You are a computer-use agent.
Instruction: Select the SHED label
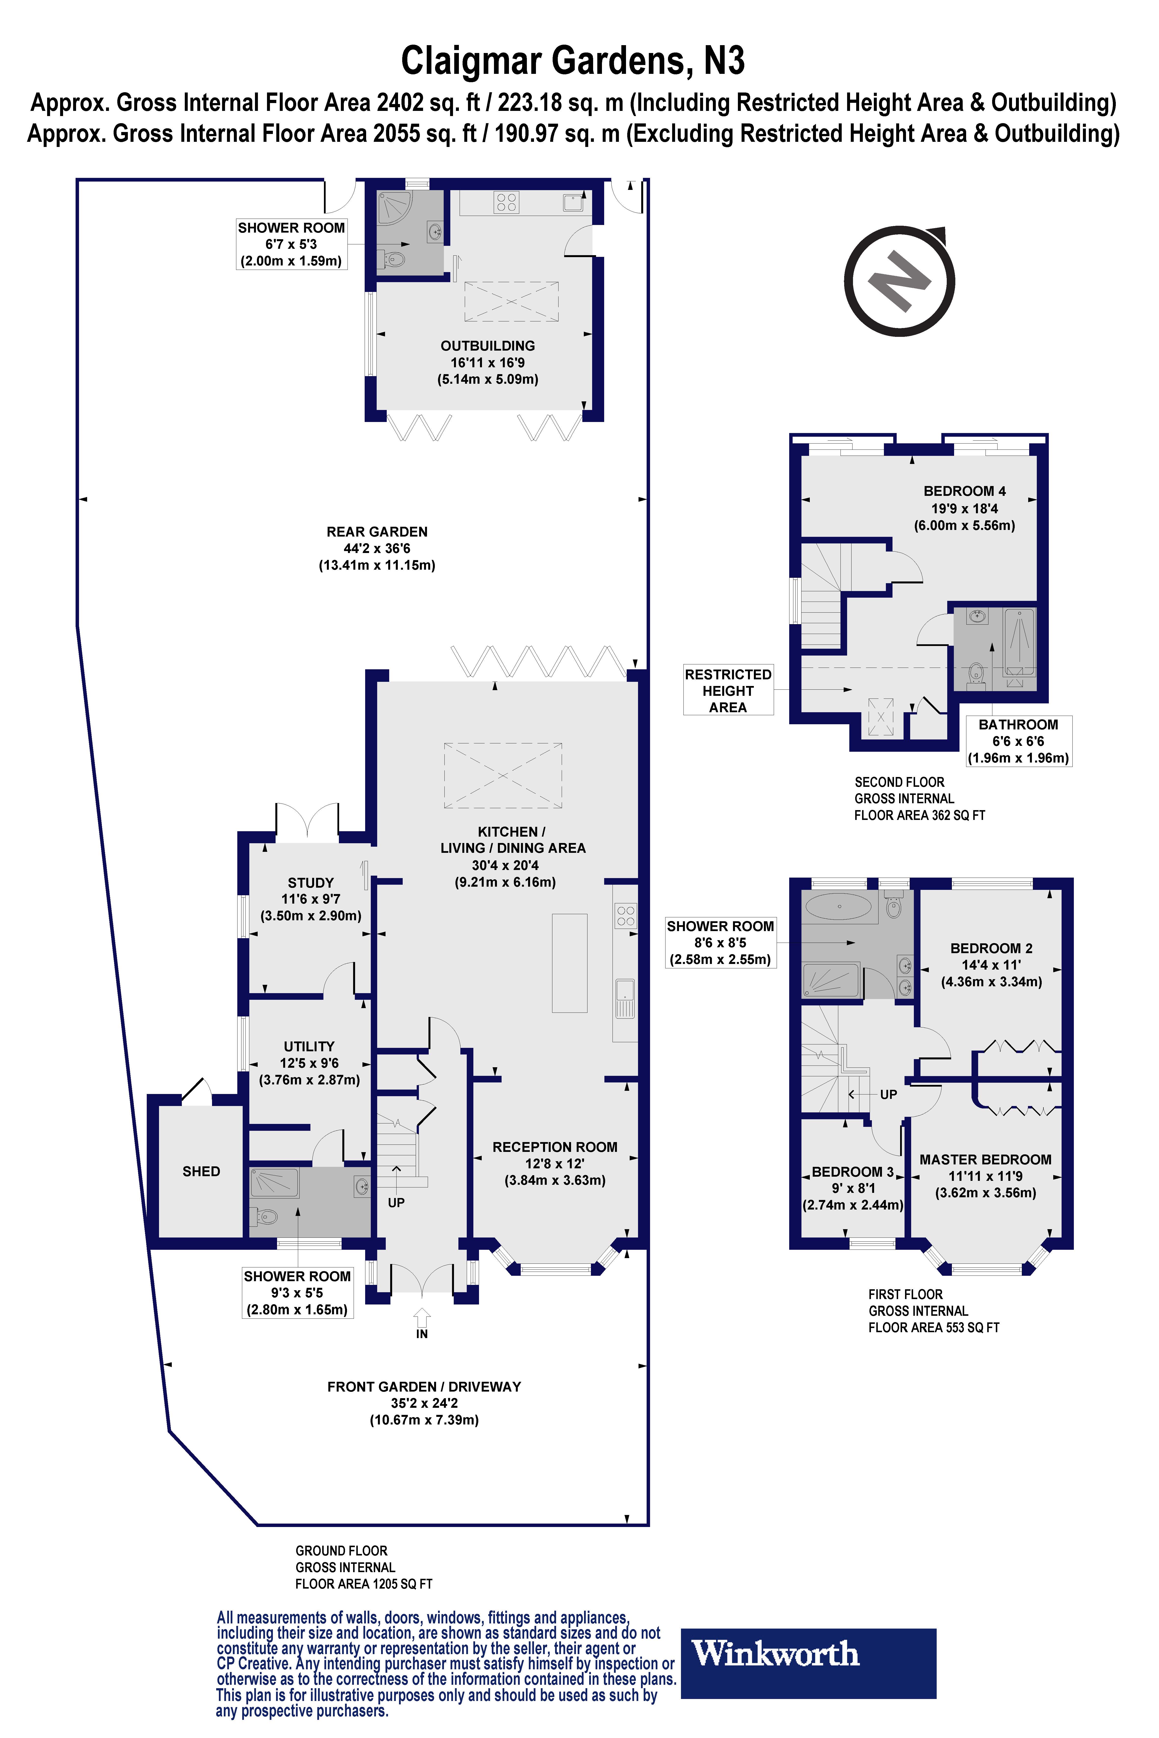(x=201, y=1171)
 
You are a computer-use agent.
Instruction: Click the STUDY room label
(x=310, y=883)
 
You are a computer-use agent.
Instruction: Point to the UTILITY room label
(x=309, y=1046)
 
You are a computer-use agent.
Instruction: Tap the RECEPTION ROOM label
(x=554, y=1147)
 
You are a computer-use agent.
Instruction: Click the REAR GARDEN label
(x=377, y=532)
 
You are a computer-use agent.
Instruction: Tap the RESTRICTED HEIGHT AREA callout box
(x=728, y=690)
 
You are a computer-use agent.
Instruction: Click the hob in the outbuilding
(x=506, y=202)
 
